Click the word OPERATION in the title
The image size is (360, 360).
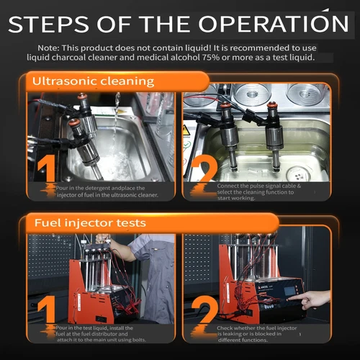(x=274, y=24)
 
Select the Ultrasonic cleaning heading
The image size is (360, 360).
(x=93, y=81)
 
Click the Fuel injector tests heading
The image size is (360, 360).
(x=90, y=223)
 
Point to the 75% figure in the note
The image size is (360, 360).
(x=210, y=58)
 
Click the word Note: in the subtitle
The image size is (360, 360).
(x=48, y=48)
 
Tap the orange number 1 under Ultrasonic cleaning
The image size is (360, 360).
(x=48, y=168)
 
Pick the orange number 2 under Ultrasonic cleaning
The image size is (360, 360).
(x=204, y=168)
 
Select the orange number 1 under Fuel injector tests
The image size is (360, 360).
(x=48, y=309)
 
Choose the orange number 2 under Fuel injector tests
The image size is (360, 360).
(x=204, y=310)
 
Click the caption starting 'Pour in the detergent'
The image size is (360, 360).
(x=107, y=192)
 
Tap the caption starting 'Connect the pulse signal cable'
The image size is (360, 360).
(x=259, y=192)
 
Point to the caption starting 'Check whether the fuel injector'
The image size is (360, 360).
(x=257, y=334)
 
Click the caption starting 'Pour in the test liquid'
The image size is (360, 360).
(x=101, y=334)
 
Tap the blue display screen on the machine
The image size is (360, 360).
(x=290, y=291)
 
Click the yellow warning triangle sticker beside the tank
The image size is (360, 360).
(x=186, y=131)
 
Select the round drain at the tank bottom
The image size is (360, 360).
(x=299, y=174)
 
